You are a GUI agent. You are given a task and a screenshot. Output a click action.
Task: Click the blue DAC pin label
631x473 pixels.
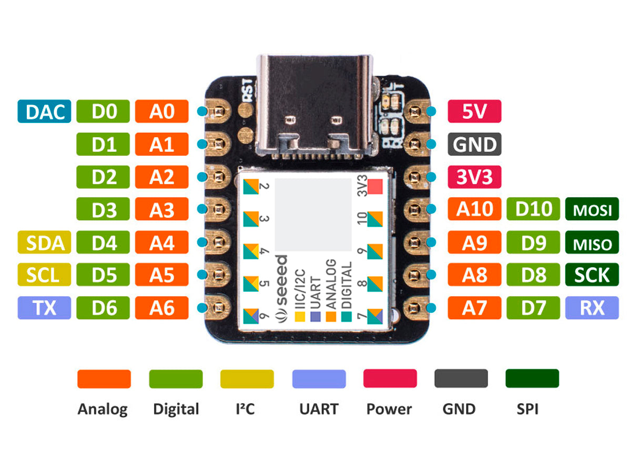[44, 111]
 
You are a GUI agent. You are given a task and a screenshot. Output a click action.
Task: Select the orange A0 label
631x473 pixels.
[161, 111]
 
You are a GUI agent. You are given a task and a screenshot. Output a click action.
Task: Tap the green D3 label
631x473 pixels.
[103, 210]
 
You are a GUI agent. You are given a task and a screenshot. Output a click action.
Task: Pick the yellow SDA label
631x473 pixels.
[44, 243]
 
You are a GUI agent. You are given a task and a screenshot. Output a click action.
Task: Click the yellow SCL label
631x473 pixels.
[44, 275]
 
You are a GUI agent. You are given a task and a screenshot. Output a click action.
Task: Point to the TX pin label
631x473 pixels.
[44, 308]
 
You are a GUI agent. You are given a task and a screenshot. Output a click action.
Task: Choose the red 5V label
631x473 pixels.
[474, 111]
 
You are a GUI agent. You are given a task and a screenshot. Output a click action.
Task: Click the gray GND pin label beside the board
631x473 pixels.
[474, 145]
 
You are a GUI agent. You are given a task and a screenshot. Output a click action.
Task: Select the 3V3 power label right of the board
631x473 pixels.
[474, 177]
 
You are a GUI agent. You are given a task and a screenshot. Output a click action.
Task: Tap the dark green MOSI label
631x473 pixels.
[592, 210]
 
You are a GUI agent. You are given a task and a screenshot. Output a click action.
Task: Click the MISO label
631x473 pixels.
[592, 243]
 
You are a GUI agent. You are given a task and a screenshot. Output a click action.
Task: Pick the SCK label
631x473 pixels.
[592, 275]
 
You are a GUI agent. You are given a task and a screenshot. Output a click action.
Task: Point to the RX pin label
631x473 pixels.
[592, 308]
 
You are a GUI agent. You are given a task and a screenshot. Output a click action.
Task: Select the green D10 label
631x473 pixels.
[533, 210]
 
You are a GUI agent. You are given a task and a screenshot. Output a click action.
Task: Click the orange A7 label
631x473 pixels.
[474, 308]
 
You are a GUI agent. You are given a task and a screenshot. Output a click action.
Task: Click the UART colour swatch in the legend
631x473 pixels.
[319, 379]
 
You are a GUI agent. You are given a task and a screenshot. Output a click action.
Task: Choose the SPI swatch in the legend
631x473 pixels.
[532, 379]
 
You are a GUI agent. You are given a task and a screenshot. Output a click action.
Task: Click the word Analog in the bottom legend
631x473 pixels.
[103, 409]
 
